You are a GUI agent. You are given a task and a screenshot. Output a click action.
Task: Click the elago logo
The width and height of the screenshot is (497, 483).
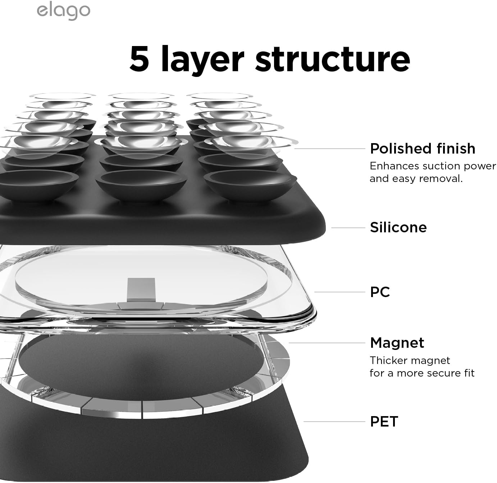coord(63,11)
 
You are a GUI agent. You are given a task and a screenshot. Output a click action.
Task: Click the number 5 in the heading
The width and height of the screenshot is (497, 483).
coord(139,59)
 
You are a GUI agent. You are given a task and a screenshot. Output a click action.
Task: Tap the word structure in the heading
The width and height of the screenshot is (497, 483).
coord(333,59)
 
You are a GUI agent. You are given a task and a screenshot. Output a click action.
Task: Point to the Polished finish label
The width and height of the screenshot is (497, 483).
coord(423,149)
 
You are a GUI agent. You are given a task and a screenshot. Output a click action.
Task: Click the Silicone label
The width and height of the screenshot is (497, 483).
coord(398,227)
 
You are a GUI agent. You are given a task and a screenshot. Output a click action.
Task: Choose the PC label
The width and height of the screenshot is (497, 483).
coord(380,292)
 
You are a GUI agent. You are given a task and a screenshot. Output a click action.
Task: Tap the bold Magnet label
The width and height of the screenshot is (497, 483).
coord(397,343)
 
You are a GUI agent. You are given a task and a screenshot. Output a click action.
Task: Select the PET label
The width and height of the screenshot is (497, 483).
coord(384,421)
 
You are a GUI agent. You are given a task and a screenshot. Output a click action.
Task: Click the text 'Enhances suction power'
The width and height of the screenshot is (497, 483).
coord(433,166)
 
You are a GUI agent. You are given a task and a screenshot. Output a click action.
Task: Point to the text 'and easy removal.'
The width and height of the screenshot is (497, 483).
coord(416,178)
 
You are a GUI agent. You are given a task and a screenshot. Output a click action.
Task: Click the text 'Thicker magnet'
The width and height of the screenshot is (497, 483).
coord(410,360)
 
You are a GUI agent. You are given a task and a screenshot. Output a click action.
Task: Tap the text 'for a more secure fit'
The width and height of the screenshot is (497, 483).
coord(422,373)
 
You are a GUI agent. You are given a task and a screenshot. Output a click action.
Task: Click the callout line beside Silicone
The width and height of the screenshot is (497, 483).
coord(348,228)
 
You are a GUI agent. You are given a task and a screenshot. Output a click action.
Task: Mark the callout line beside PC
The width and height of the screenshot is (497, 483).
coord(339,292)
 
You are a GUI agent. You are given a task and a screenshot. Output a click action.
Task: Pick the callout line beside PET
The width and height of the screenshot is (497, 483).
coord(334,422)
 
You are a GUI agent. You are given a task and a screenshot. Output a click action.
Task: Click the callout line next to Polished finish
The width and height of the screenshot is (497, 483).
coord(329,149)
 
